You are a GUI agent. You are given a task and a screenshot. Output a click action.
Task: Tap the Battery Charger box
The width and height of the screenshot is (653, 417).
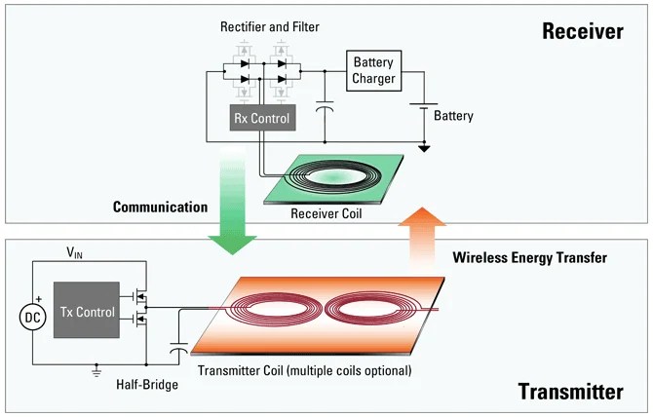click(x=374, y=70)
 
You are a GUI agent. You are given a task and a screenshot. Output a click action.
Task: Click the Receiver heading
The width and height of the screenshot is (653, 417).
click(x=582, y=31)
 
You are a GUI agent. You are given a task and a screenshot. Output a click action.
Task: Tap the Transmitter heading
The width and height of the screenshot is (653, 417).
click(x=569, y=392)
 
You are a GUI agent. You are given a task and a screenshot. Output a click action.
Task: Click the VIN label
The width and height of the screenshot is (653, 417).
click(x=75, y=252)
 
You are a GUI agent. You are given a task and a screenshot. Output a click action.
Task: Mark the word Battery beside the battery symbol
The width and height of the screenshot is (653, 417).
click(x=453, y=116)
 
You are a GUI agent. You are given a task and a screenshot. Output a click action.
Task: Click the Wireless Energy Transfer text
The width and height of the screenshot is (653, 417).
click(x=530, y=258)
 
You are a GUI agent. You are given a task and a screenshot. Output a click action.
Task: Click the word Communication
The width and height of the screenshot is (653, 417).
click(x=160, y=207)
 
